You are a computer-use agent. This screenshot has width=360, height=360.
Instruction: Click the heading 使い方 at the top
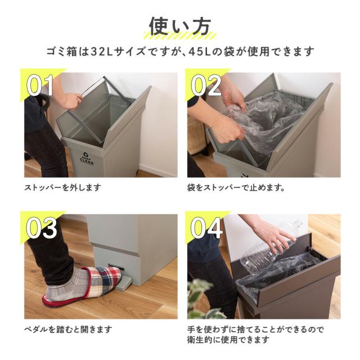(x=180, y=26)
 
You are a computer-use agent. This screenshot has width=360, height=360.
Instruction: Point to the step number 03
(x=42, y=227)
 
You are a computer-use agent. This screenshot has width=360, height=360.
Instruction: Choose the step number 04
(x=206, y=227)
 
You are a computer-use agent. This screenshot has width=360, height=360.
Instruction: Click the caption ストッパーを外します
(x=62, y=187)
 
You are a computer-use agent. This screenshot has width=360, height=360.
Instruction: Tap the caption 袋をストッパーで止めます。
(x=236, y=187)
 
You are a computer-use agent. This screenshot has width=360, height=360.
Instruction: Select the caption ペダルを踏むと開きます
(x=68, y=330)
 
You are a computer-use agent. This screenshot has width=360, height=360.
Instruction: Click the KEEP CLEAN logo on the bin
(x=87, y=157)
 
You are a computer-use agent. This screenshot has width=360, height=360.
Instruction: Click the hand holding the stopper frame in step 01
(x=71, y=100)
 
